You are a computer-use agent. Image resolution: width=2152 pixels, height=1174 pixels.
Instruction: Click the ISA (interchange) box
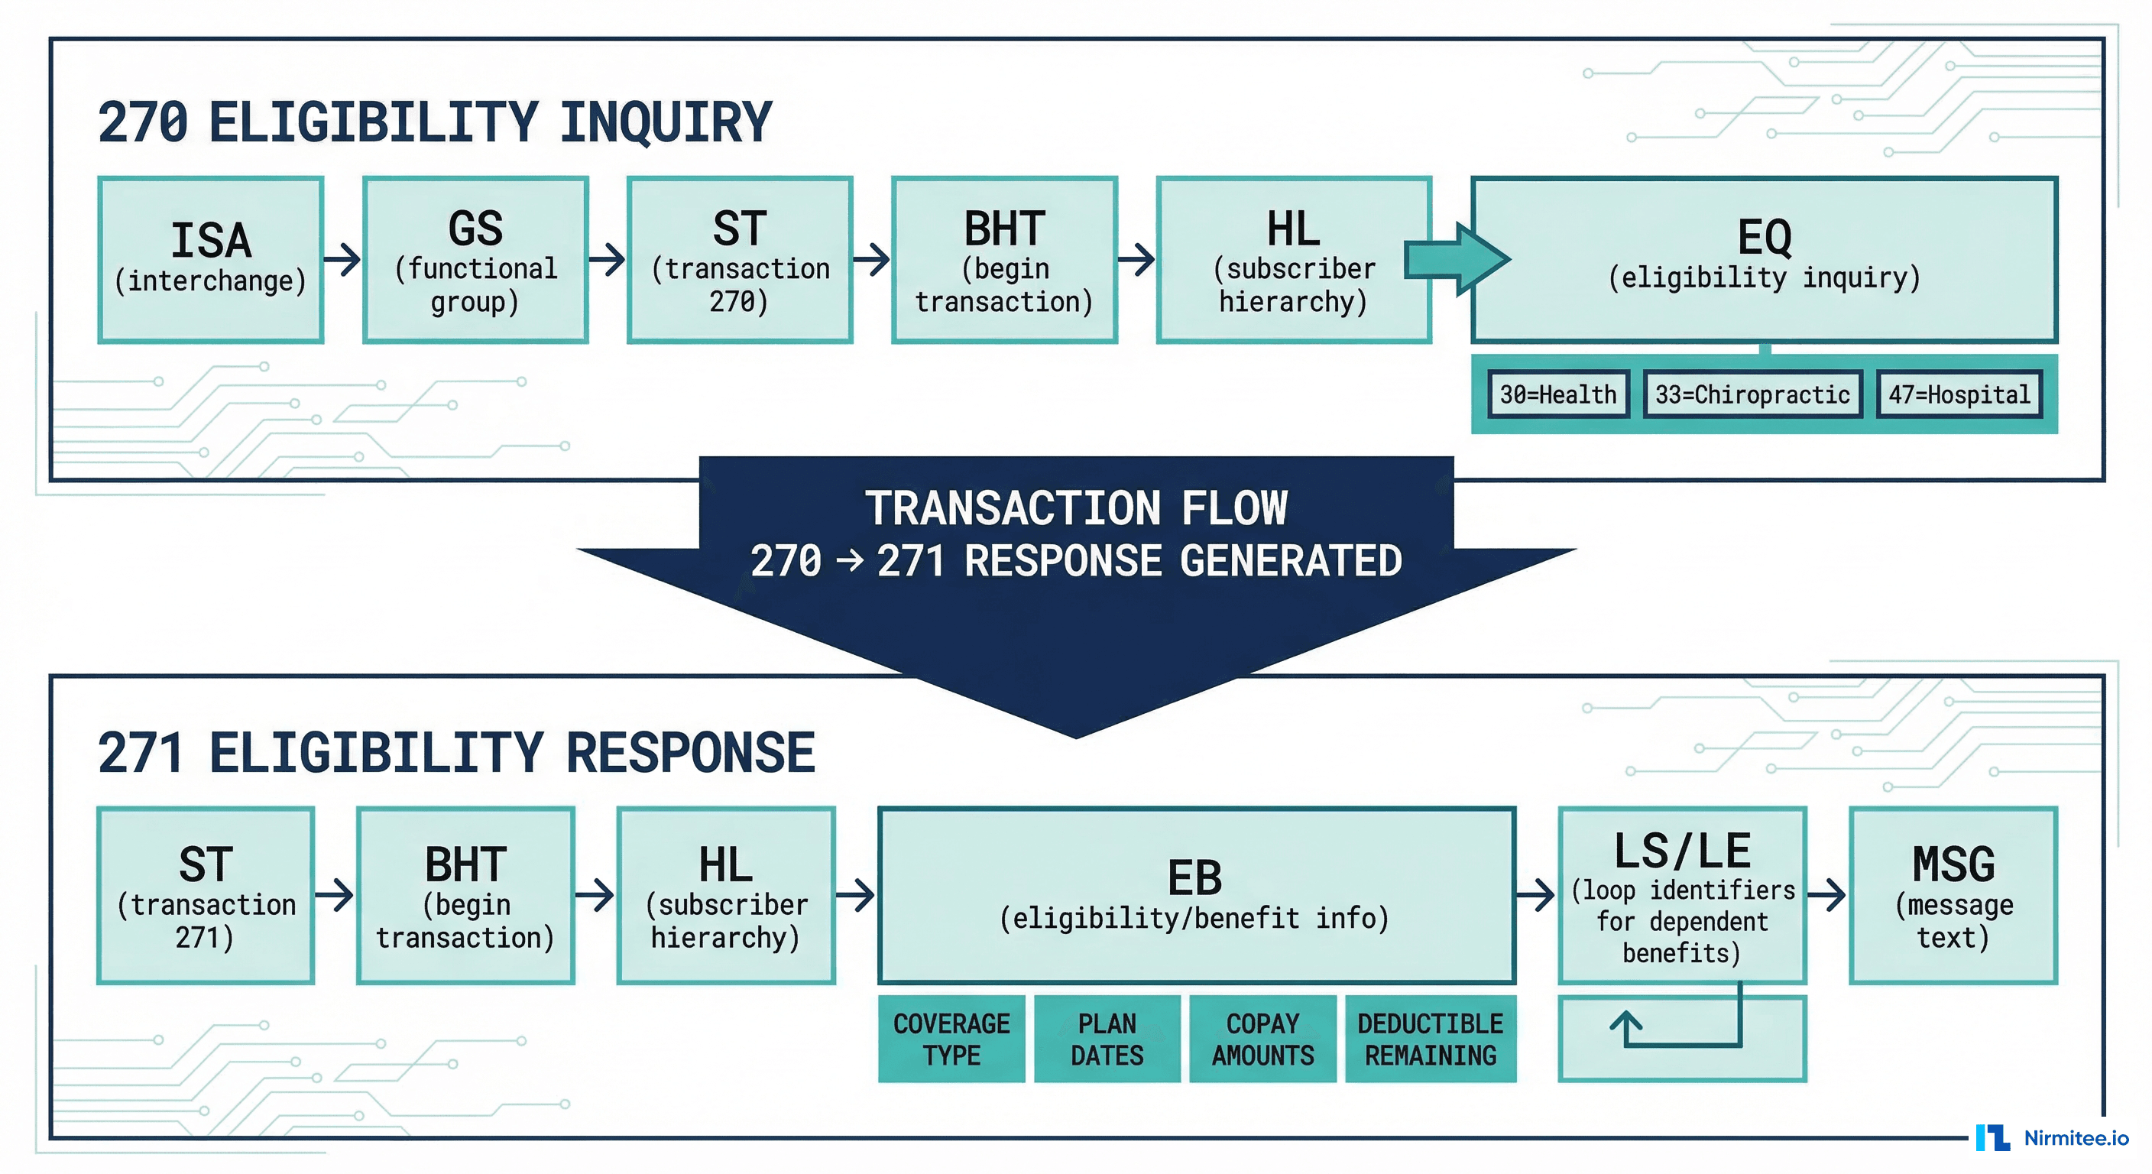210,259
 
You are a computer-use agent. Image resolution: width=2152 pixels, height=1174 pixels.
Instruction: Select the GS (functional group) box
475,259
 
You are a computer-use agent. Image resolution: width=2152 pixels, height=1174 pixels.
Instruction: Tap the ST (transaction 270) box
739,259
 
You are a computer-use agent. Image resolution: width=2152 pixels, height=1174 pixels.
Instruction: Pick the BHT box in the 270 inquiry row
1004,259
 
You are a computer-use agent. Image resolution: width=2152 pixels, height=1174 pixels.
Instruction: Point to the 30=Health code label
1558,394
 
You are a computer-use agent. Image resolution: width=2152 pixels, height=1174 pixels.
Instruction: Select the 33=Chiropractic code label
1752,394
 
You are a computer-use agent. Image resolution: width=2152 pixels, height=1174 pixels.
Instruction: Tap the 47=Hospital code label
1959,394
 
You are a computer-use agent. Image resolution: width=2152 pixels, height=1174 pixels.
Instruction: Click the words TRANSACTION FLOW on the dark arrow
1076,508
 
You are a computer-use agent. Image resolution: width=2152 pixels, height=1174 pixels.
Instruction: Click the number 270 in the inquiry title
143,123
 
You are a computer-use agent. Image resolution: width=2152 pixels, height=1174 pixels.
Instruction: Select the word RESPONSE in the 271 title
690,753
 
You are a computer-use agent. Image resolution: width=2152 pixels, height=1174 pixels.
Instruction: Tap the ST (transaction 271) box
206,895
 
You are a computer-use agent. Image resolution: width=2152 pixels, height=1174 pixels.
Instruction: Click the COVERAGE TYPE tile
951,1039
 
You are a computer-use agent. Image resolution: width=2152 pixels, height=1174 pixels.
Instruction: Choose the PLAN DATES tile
1107,1039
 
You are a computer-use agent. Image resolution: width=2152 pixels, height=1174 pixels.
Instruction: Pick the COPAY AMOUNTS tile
1262,1039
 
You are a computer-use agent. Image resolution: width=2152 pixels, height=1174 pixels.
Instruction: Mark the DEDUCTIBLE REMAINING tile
1431,1039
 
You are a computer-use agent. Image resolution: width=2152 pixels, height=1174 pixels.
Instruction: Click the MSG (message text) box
1953,895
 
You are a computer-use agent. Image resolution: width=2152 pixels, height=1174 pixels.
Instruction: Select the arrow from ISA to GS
342,259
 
